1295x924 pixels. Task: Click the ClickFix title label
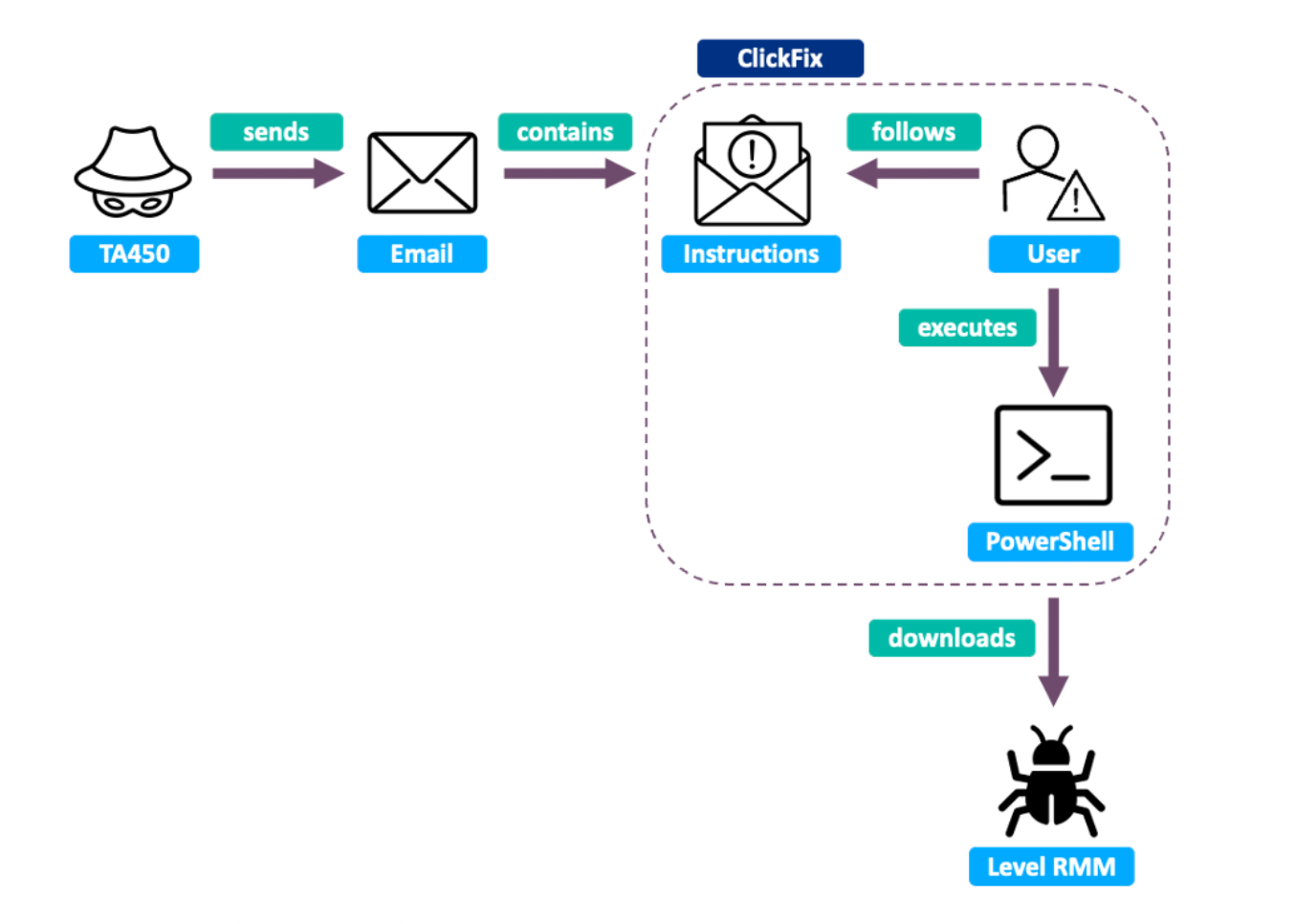tap(779, 58)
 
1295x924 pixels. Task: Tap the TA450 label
tap(134, 254)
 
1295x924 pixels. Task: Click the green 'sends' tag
tap(275, 132)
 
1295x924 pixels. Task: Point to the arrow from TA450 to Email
tap(277, 173)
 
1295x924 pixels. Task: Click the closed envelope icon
tap(422, 173)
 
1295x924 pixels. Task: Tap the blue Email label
tap(422, 254)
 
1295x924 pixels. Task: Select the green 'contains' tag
tap(564, 132)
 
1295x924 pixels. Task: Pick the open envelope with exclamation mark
tap(752, 172)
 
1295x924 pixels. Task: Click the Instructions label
tap(751, 254)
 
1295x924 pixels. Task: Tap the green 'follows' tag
tap(913, 132)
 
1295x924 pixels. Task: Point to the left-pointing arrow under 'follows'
tap(912, 173)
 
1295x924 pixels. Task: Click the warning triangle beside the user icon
tap(1076, 198)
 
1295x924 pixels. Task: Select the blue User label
tap(1053, 254)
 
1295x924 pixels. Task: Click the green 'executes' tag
tap(967, 328)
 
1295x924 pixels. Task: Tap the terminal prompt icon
tap(1053, 455)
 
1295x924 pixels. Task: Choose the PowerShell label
tap(1049, 542)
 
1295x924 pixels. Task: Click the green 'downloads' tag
tap(952, 638)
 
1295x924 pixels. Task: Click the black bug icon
tap(1051, 780)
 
